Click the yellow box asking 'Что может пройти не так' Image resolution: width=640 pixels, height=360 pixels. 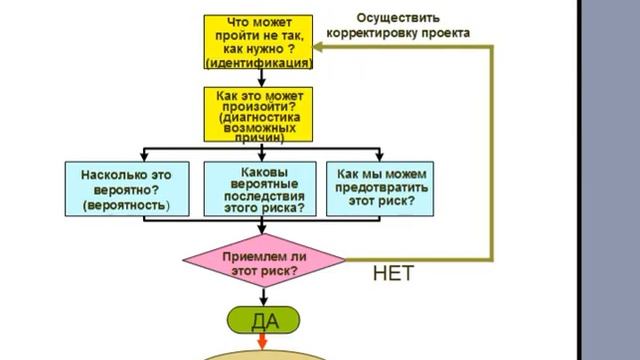258,41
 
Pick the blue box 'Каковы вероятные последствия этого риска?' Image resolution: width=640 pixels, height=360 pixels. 259,188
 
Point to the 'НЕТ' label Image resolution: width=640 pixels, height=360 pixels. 393,272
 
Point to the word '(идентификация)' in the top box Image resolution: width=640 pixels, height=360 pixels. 259,63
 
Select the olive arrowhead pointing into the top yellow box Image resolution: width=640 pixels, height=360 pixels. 321,46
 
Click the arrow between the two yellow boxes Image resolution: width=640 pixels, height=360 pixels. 258,76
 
